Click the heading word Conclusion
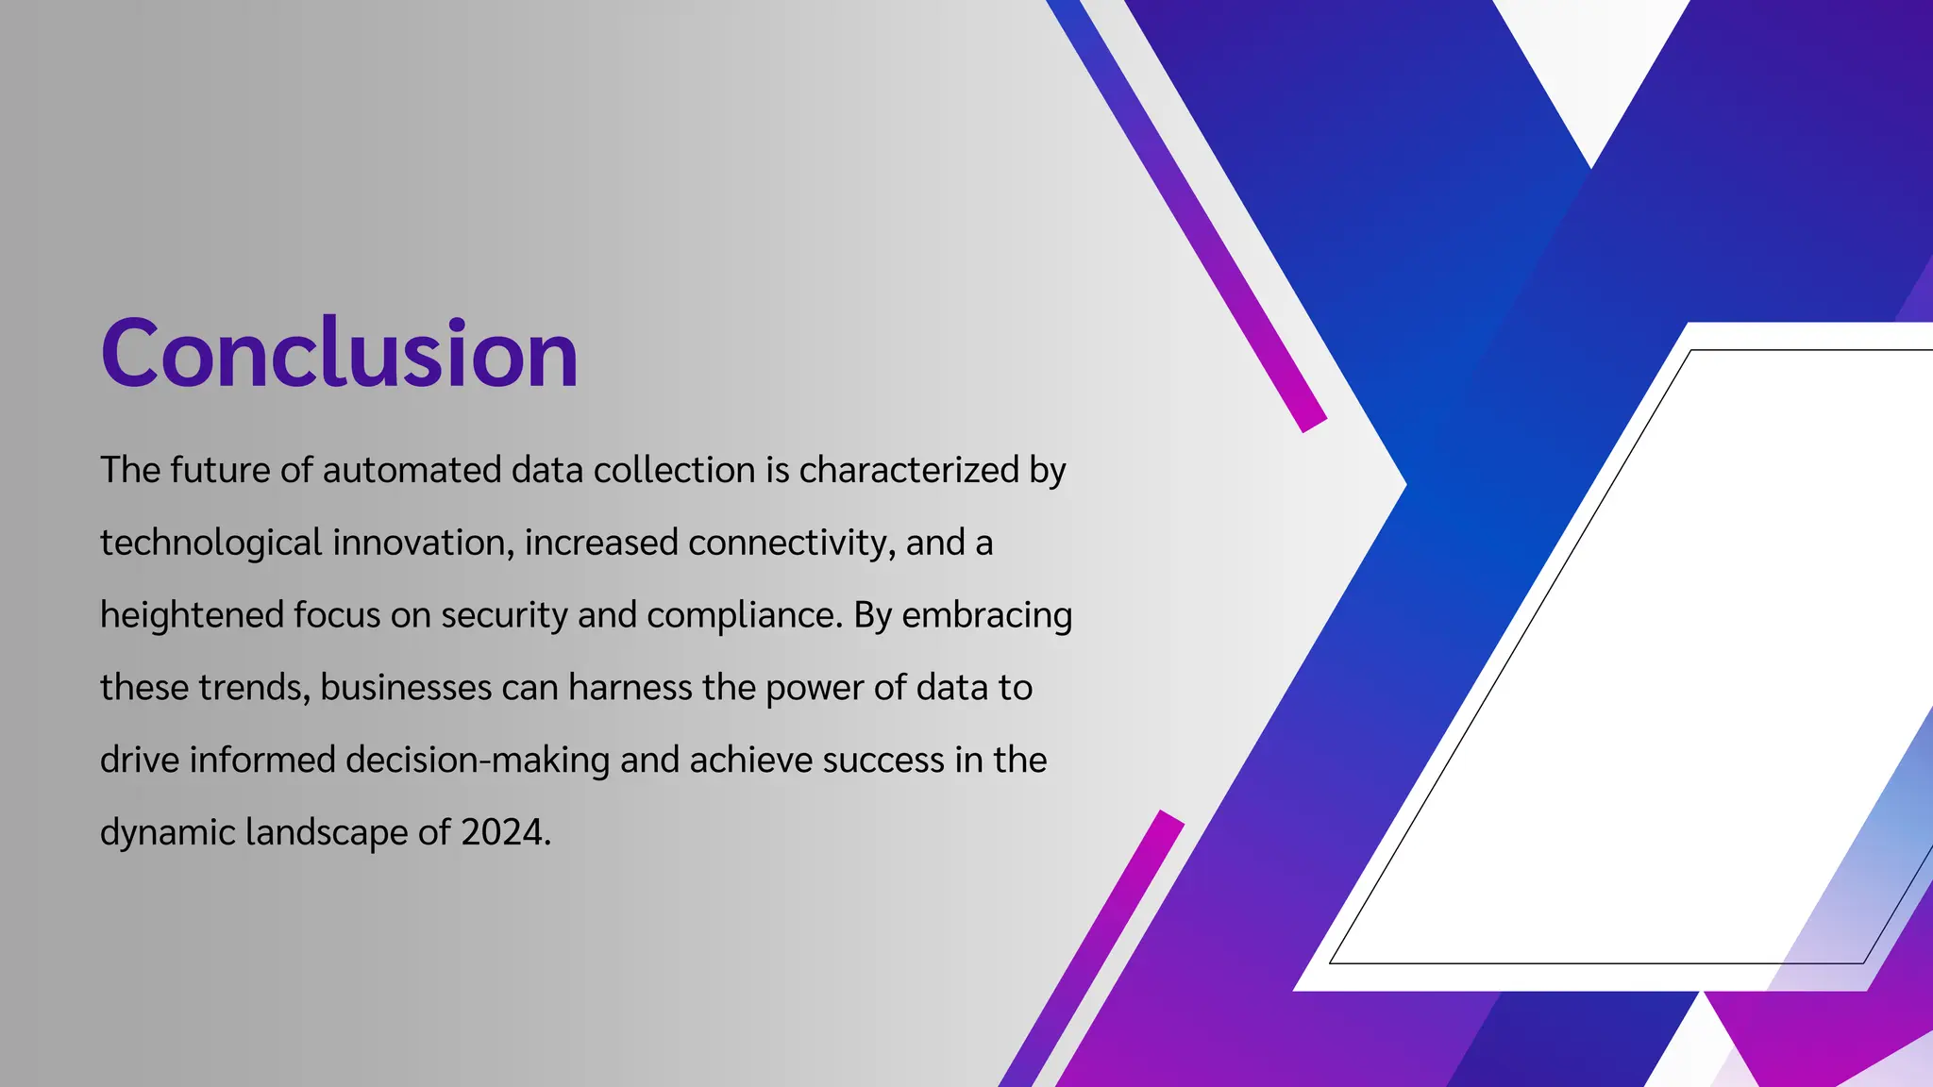tap(339, 353)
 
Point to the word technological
tap(211, 543)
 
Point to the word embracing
tap(987, 615)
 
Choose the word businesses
tap(406, 687)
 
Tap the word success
tap(883, 760)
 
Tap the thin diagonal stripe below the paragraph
tap(1090, 948)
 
